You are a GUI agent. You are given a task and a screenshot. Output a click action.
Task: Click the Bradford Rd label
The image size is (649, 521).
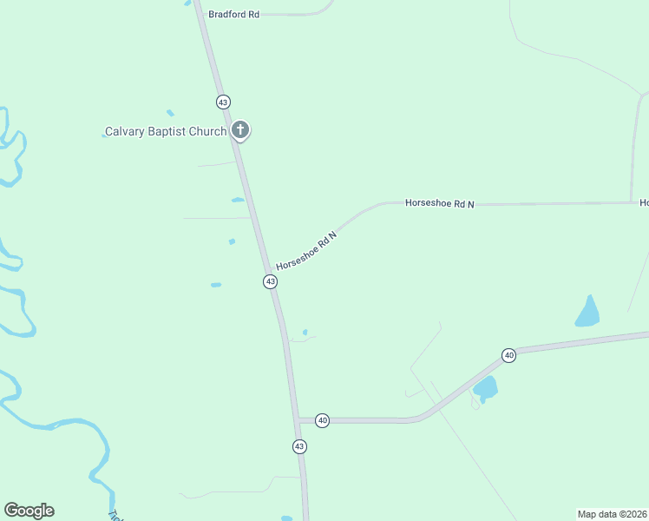click(234, 15)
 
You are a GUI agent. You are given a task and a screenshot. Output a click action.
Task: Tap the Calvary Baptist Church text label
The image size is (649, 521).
click(166, 132)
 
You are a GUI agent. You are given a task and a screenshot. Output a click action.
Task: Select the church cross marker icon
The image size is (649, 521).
click(240, 131)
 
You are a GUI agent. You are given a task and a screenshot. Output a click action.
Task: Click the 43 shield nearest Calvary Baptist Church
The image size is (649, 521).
click(224, 102)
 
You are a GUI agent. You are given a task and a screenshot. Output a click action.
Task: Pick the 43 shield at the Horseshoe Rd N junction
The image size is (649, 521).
click(271, 281)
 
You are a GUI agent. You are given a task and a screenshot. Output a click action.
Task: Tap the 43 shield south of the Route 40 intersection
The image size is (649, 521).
click(299, 446)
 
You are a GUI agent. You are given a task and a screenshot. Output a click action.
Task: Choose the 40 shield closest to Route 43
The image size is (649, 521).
click(323, 420)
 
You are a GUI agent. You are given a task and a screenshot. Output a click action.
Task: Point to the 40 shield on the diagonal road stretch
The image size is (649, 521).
click(509, 355)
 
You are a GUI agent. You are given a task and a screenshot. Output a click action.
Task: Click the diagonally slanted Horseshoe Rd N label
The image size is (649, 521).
click(306, 250)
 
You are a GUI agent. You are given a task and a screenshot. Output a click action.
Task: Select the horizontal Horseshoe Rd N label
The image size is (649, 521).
click(440, 203)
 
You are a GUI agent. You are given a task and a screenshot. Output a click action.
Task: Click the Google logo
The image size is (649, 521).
click(29, 511)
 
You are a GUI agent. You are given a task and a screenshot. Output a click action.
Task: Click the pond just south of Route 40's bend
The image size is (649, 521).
click(485, 388)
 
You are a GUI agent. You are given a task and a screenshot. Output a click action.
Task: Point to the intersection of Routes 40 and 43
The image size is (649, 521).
click(298, 420)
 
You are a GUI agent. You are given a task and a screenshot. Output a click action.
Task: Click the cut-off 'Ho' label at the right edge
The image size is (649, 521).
click(644, 203)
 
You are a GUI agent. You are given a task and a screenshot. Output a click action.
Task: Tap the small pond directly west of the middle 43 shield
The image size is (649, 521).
click(216, 284)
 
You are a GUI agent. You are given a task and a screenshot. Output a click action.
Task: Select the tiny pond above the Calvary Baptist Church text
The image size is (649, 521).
click(170, 113)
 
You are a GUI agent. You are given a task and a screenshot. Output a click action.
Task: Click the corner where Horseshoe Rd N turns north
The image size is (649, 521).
click(632, 202)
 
